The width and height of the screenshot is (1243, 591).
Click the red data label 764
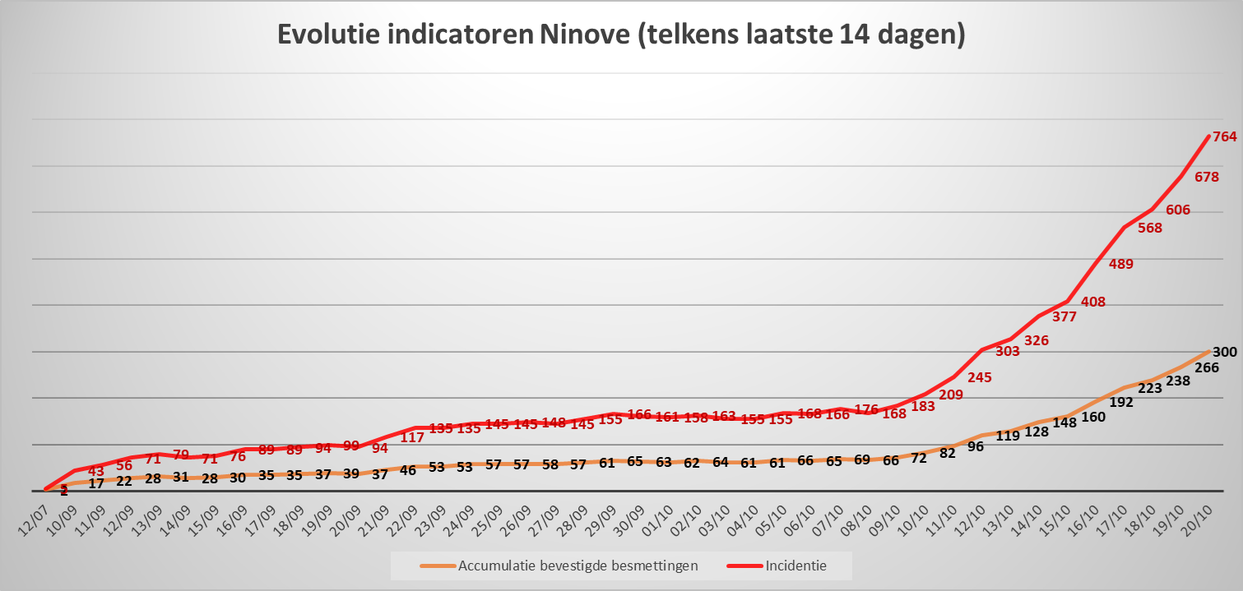pyautogui.click(x=1225, y=136)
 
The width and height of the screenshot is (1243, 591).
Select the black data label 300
pyautogui.click(x=1225, y=352)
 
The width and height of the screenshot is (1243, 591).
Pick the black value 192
pyautogui.click(x=1121, y=402)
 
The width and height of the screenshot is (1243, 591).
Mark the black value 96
pyautogui.click(x=975, y=446)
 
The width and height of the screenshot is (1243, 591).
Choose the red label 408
pyautogui.click(x=1093, y=302)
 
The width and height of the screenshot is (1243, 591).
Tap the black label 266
pyautogui.click(x=1207, y=367)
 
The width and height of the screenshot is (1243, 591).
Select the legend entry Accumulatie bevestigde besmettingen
pyautogui.click(x=577, y=566)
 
